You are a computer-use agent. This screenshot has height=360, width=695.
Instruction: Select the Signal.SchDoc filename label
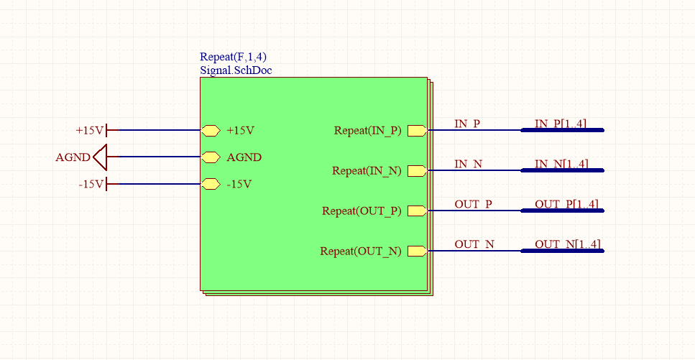pos(236,70)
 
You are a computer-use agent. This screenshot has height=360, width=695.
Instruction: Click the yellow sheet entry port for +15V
pos(210,130)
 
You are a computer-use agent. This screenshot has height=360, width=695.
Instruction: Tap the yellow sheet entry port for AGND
pos(210,157)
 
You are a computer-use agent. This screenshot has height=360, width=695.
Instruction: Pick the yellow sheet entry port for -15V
pos(210,184)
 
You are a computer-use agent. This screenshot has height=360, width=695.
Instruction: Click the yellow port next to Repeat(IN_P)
pos(417,130)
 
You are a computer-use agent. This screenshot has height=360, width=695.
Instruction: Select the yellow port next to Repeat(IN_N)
pos(417,170)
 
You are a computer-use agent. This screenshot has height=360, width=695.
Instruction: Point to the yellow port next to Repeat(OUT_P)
pos(417,211)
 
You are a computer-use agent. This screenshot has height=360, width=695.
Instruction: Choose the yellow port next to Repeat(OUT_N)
pos(417,251)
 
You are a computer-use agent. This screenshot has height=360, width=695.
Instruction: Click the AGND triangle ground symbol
pos(100,157)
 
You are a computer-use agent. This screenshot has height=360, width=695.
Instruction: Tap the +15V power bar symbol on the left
pos(107,130)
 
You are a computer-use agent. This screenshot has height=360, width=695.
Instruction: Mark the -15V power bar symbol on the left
pos(107,184)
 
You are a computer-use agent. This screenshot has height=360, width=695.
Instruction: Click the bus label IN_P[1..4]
pos(561,124)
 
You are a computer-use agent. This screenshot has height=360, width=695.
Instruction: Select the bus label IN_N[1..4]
pos(561,164)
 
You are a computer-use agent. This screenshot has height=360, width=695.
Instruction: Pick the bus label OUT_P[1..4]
pos(566,204)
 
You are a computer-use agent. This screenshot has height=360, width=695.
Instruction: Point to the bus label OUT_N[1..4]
pos(568,244)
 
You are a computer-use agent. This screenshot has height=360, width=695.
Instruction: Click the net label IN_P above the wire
pos(467,124)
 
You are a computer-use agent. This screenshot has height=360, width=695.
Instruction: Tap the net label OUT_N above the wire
pos(474,244)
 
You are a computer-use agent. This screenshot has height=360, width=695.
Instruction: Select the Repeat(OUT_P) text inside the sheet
pos(362,211)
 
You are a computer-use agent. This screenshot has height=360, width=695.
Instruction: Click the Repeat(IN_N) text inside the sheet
pos(367,170)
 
